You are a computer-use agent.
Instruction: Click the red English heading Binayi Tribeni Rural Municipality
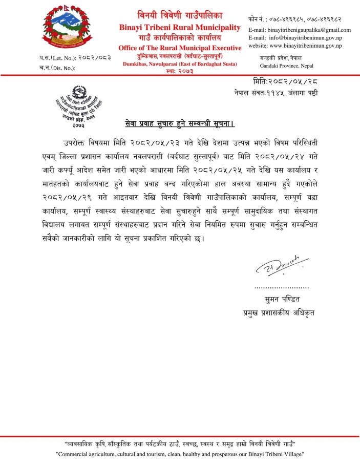179,27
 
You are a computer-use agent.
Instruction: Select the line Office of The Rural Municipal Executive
179,48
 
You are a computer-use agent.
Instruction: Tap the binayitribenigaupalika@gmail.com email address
299,30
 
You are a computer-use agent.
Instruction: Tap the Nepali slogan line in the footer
180,443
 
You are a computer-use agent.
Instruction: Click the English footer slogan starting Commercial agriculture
180,454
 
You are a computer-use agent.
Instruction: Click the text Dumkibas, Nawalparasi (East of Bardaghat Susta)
179,64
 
